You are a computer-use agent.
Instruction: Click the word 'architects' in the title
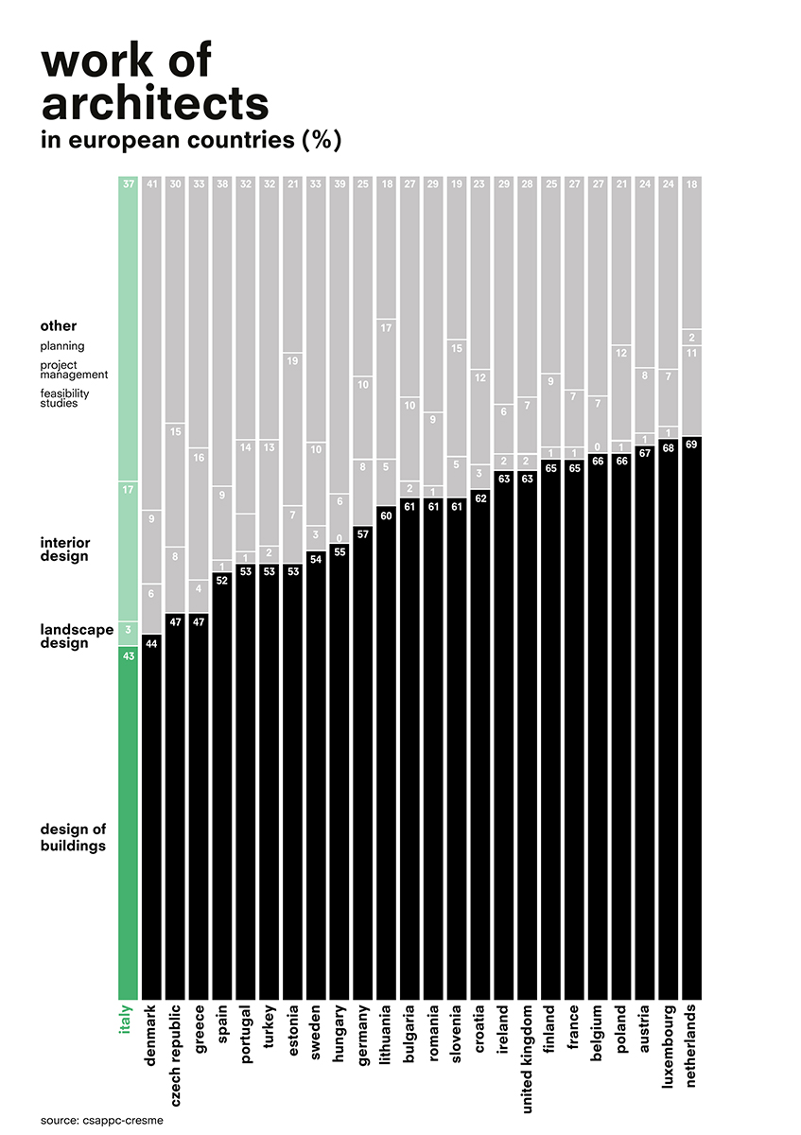point(155,100)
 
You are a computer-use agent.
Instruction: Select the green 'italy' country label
point(127,1020)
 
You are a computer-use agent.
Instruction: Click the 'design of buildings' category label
point(73,837)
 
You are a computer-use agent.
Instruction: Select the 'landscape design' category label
point(77,636)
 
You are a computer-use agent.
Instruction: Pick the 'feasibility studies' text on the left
point(72,398)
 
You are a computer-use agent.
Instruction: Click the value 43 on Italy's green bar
point(128,656)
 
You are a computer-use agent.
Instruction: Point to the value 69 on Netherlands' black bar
point(691,445)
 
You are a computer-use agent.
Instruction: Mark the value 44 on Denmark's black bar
point(151,643)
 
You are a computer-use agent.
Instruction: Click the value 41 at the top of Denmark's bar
point(151,185)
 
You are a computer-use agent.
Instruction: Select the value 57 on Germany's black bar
point(362,533)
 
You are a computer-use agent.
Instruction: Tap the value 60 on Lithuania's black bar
point(386,515)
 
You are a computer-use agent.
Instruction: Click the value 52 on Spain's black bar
point(221,580)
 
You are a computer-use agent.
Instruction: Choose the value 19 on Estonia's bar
point(292,360)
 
